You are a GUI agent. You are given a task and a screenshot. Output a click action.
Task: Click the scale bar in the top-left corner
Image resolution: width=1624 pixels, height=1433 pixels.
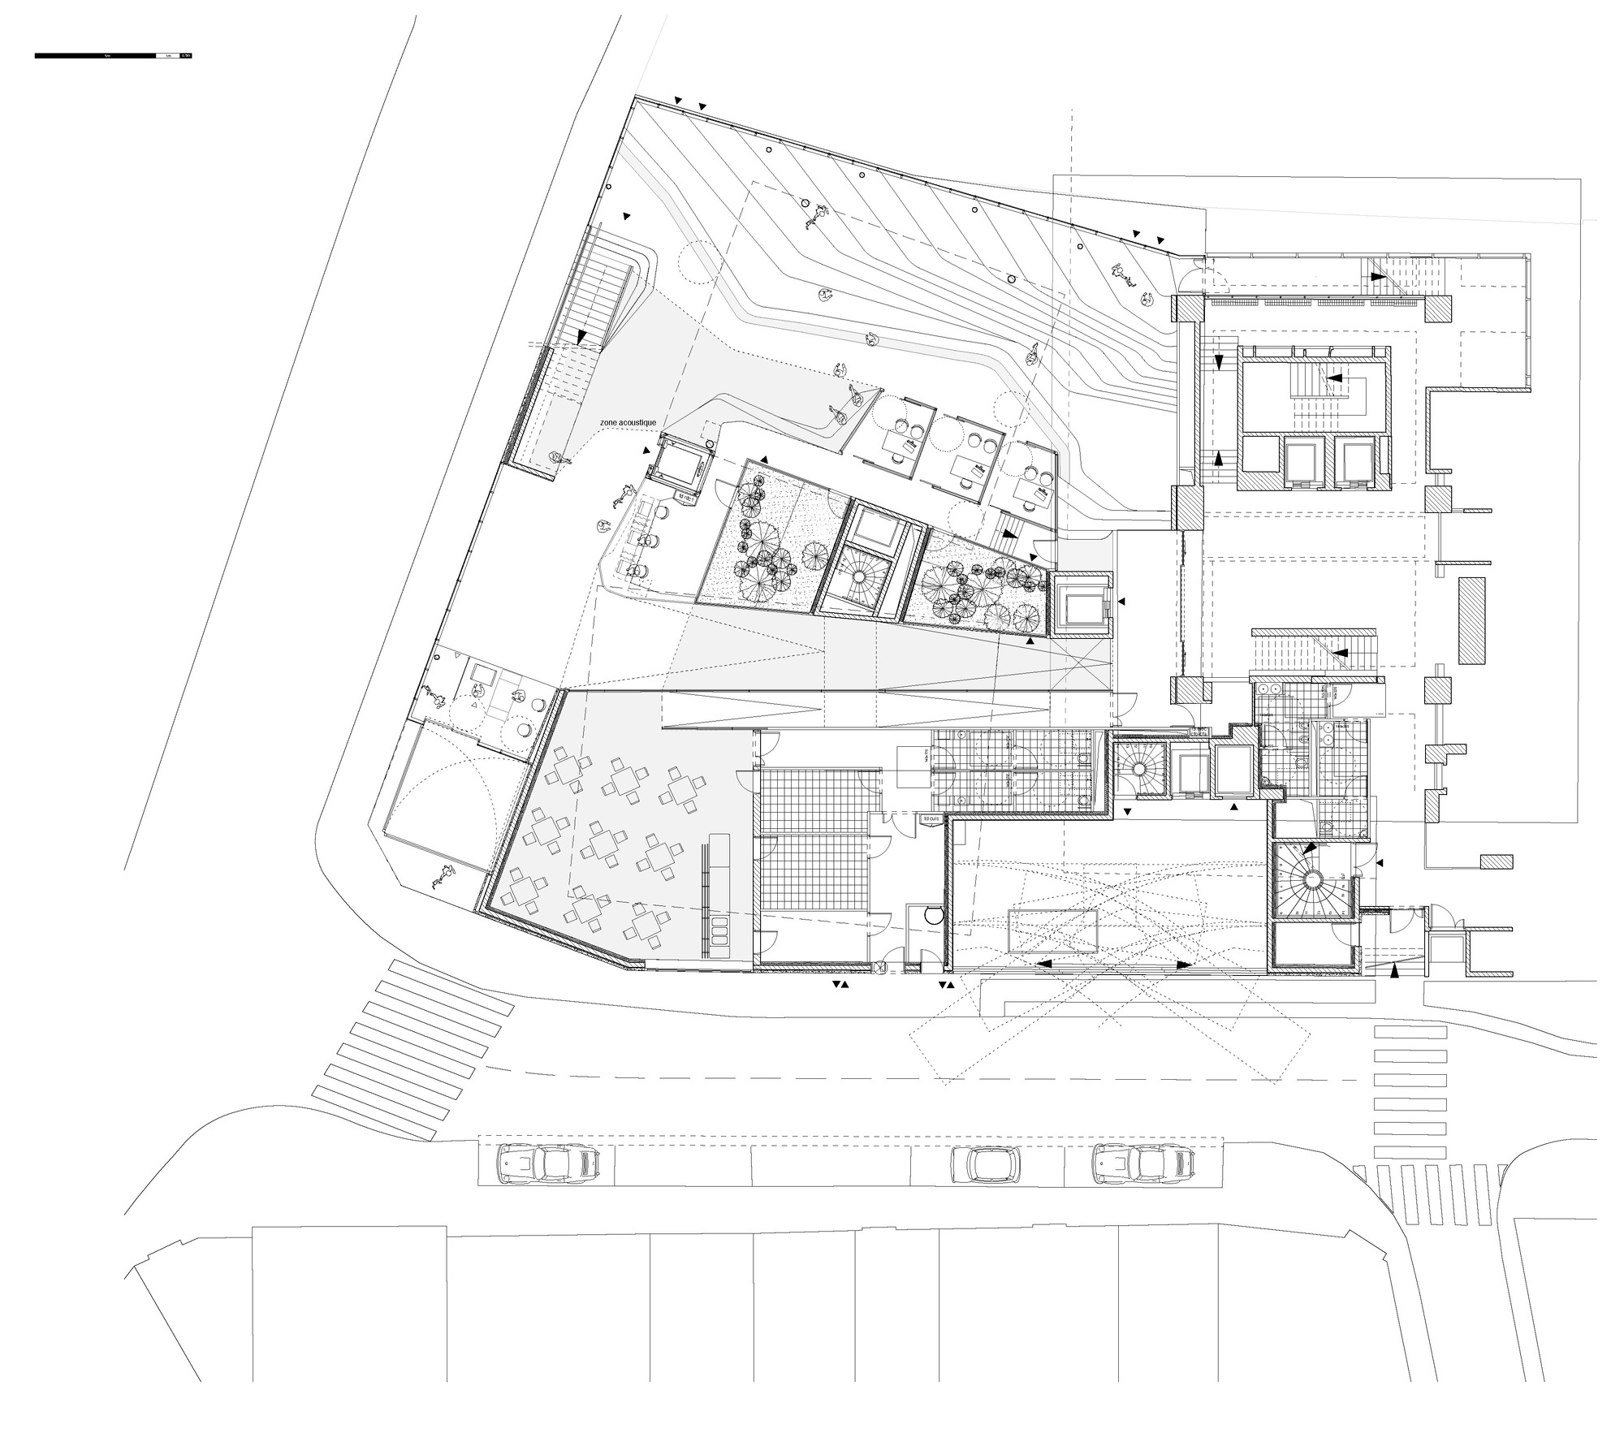tap(113, 56)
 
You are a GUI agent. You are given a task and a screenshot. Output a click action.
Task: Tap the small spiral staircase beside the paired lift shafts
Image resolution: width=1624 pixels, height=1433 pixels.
tap(1139, 768)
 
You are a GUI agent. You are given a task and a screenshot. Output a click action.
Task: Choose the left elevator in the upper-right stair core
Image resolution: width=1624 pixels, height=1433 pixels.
tap(1304, 463)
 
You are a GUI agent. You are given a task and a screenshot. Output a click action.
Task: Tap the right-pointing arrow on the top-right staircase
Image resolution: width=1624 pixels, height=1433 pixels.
tap(1378, 276)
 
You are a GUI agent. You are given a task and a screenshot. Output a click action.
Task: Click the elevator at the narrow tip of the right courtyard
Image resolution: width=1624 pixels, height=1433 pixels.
tap(1081, 606)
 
